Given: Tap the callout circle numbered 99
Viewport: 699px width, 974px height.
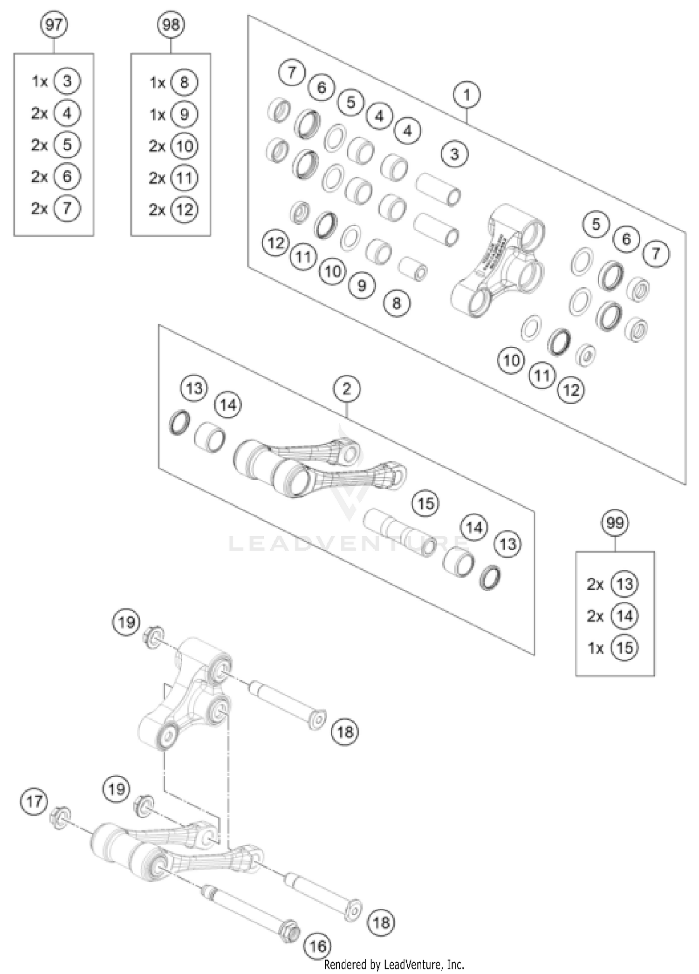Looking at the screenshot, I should coord(615,523).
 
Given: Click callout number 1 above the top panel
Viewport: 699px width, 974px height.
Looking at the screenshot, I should coord(466,95).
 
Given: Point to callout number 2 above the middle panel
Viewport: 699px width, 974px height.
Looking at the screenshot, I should coord(347,388).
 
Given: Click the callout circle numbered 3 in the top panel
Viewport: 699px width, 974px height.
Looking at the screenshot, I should coord(454,154).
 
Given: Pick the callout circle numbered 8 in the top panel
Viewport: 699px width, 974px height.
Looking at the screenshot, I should coord(396,304).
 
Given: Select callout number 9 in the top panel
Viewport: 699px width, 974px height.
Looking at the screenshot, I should coord(362,285).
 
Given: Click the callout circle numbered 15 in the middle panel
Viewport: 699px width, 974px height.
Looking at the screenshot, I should coord(425,504).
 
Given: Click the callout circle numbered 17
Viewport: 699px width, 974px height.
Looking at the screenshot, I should coord(34,801).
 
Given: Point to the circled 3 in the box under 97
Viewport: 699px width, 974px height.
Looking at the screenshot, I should coord(67,81).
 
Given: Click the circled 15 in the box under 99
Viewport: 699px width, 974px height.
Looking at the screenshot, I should coord(624,648).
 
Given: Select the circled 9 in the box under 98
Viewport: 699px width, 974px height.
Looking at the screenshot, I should coord(184,114).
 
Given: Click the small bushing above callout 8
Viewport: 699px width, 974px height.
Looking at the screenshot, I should coord(413,269).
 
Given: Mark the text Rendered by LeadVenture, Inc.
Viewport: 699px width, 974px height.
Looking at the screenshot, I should coord(394,964).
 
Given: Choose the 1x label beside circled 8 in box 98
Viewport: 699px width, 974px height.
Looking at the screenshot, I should coord(158,83).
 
